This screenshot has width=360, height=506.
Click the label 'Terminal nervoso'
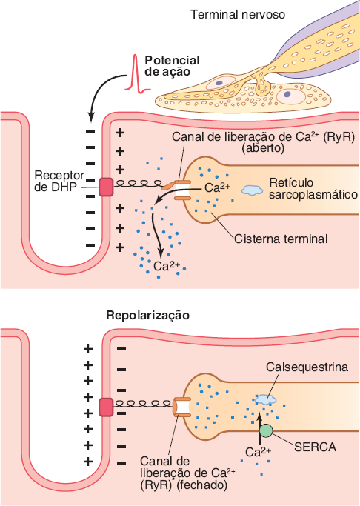tap(238, 15)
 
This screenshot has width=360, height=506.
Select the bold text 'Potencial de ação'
tap(172, 66)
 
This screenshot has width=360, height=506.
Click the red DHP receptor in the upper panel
tap(106, 187)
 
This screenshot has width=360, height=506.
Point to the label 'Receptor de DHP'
tap(59, 181)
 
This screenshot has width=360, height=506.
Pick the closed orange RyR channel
tap(181, 407)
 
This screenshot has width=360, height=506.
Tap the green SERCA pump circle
tap(266, 431)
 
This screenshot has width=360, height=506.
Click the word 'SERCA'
tap(315, 447)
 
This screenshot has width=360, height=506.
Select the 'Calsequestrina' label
tap(307, 367)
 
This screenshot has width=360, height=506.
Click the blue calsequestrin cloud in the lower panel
tap(265, 399)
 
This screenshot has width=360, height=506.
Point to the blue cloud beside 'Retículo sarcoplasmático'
tap(253, 190)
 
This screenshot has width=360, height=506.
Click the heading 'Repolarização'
tap(147, 316)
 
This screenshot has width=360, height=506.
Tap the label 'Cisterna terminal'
tap(281, 239)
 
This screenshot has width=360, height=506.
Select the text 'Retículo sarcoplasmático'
tap(313, 188)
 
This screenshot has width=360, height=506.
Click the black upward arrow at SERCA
tap(259, 430)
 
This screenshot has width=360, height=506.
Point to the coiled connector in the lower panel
tap(143, 404)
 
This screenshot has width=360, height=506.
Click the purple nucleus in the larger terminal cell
tap(287, 94)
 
